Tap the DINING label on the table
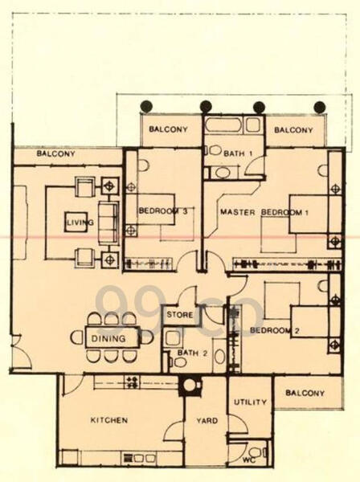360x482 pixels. pos(108,338)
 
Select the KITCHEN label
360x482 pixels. pos(108,419)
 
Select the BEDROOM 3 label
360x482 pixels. pos(163,211)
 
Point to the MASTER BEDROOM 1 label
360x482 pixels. pos(265,212)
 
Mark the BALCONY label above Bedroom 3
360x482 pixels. pos(170,129)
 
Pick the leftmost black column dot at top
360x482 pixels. pos(146,106)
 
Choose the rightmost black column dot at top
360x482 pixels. pos(319,106)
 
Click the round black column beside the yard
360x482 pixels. pos(190,384)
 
